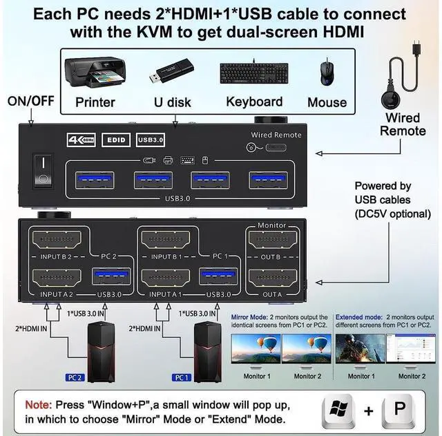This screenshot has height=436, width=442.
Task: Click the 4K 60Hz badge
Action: (81, 139)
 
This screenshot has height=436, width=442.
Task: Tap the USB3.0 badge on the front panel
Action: (152, 139)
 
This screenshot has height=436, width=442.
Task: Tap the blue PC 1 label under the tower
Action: (181, 378)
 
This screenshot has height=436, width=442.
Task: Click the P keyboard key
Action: (399, 410)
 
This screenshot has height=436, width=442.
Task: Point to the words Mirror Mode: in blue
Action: (253, 317)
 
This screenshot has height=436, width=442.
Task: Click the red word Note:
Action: (37, 404)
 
